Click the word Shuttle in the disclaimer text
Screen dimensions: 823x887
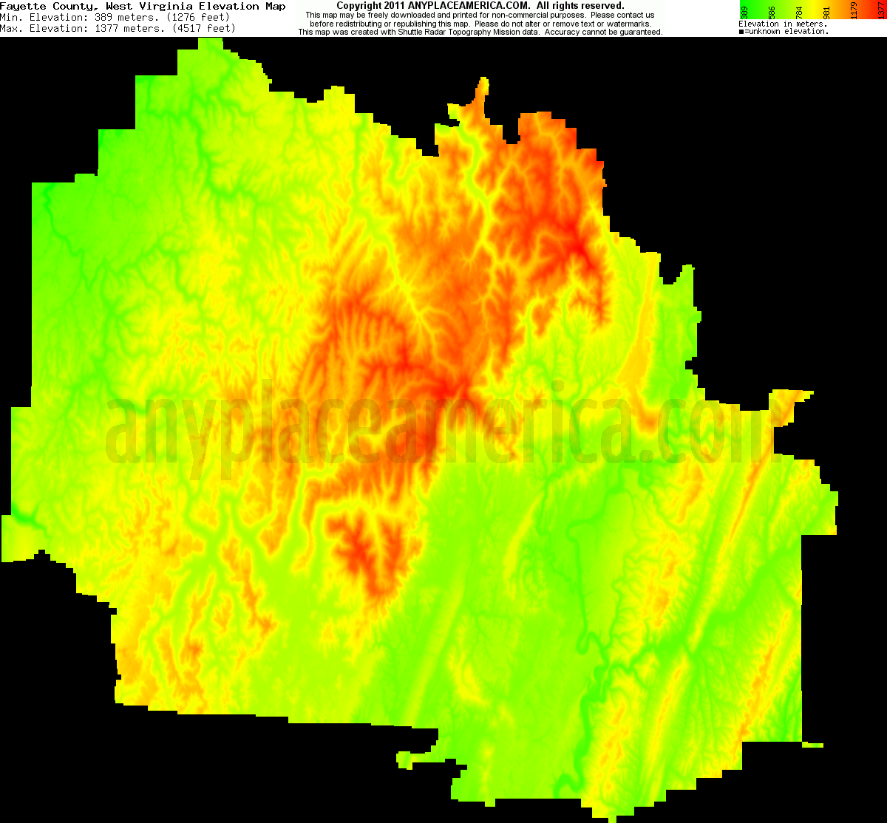point(465,33)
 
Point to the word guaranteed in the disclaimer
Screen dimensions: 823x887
point(636,33)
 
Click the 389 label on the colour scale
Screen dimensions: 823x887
point(744,12)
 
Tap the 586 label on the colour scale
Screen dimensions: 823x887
point(772,12)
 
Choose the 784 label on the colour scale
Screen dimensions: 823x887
point(801,12)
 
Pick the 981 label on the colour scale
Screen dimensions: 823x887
point(829,12)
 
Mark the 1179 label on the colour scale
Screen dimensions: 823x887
point(857,12)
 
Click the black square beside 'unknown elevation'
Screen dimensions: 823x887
point(741,32)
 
